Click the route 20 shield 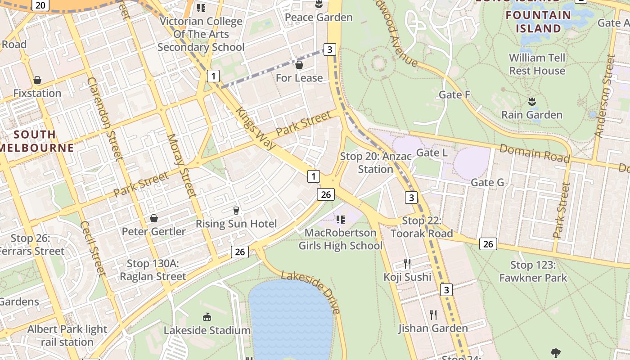pyautogui.click(x=40, y=5)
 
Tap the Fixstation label pyautogui.click(x=37, y=93)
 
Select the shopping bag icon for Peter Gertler pyautogui.click(x=154, y=218)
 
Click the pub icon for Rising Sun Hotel pyautogui.click(x=236, y=210)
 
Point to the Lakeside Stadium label pyautogui.click(x=207, y=330)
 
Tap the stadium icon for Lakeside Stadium pyautogui.click(x=207, y=317)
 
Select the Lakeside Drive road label pyautogui.click(x=310, y=292)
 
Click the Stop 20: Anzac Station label pyautogui.click(x=376, y=162)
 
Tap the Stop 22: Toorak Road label pyautogui.click(x=422, y=227)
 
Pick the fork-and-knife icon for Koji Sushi pyautogui.click(x=407, y=263)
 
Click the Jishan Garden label pyautogui.click(x=433, y=328)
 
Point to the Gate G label pyautogui.click(x=487, y=182)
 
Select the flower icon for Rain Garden pyautogui.click(x=532, y=101)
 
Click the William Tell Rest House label pyautogui.click(x=537, y=64)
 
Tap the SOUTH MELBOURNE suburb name pyautogui.click(x=36, y=141)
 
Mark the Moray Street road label pyautogui.click(x=182, y=166)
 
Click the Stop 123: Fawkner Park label pyautogui.click(x=533, y=271)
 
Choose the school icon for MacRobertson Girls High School pyautogui.click(x=341, y=219)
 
